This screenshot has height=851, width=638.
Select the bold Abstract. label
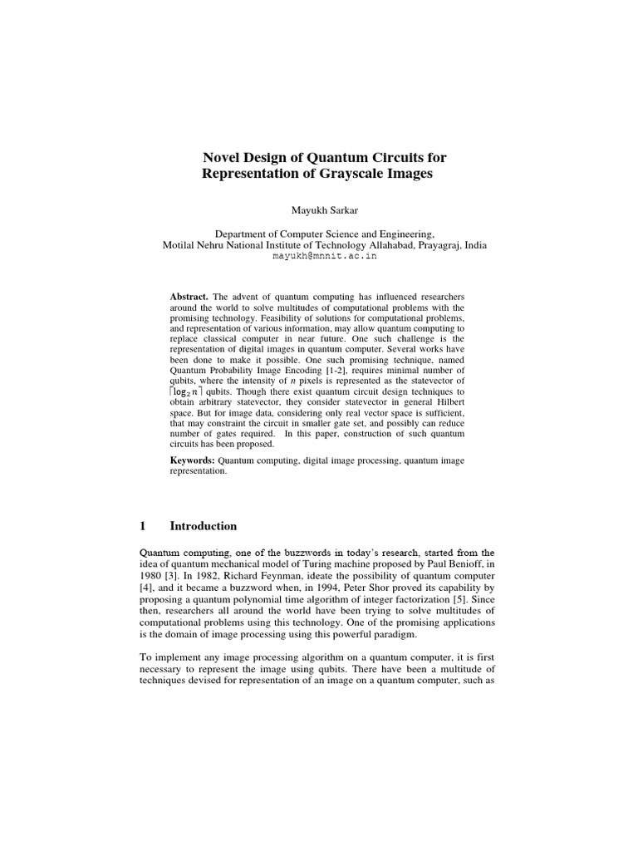189,297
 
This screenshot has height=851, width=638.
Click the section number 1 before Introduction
142,526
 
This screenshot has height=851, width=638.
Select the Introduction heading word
204,526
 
